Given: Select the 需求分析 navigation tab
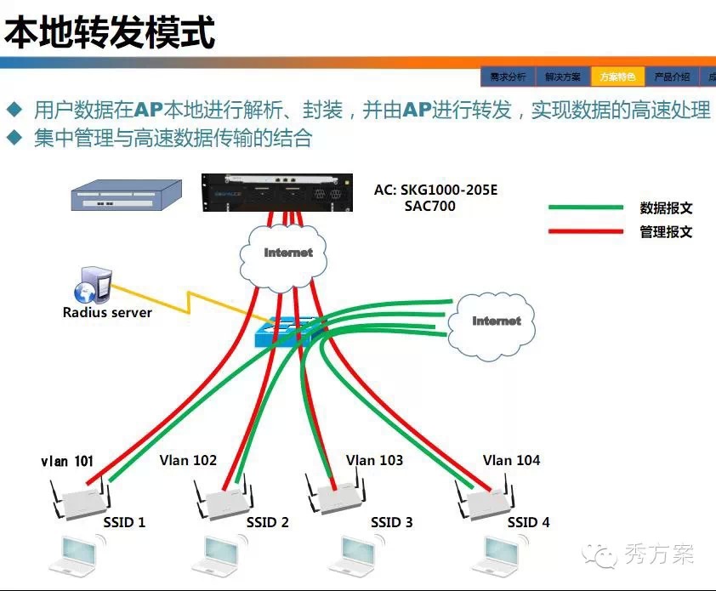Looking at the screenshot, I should pyautogui.click(x=508, y=77).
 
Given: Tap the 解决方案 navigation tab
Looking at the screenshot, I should pyautogui.click(x=563, y=77).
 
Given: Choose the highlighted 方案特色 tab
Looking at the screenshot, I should pyautogui.click(x=617, y=77).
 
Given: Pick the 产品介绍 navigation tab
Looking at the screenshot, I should pyautogui.click(x=672, y=77).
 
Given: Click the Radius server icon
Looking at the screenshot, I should pyautogui.click(x=92, y=286).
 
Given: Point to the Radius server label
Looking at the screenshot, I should pyautogui.click(x=107, y=312).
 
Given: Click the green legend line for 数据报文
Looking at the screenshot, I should pyautogui.click(x=586, y=207).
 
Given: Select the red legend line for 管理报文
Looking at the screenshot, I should pyautogui.click(x=586, y=231).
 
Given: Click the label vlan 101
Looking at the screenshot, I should pyautogui.click(x=67, y=462).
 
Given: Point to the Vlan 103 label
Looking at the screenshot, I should pyautogui.click(x=374, y=460).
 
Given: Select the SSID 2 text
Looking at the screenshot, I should pyautogui.click(x=268, y=522).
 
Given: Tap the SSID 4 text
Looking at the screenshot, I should pyautogui.click(x=528, y=522).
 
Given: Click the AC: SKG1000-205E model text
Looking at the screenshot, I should pyautogui.click(x=435, y=190).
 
